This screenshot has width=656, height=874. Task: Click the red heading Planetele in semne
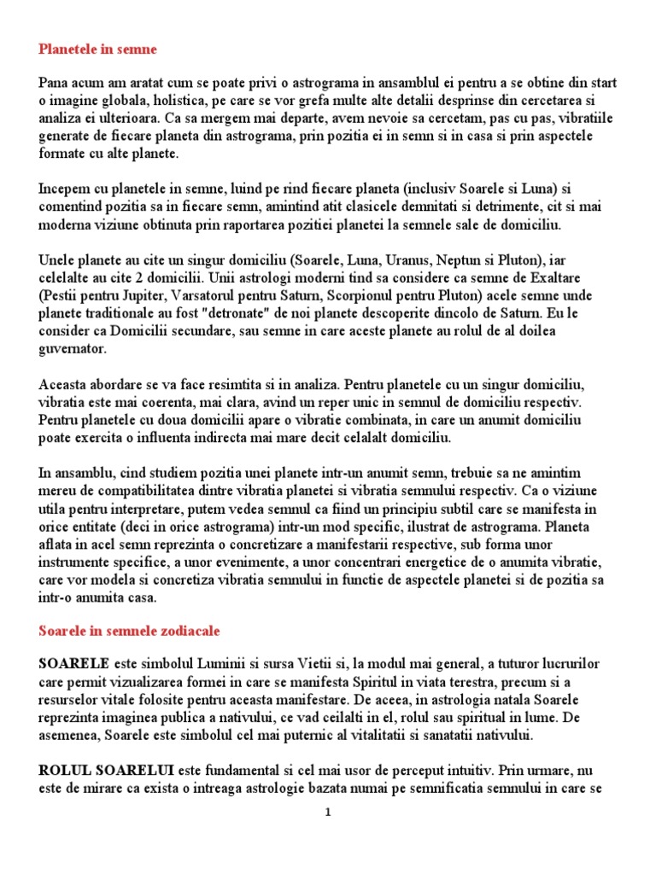pos(97,50)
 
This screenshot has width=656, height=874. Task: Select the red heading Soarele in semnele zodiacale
pos(129,631)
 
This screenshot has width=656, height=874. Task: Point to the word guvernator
pos(73,348)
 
